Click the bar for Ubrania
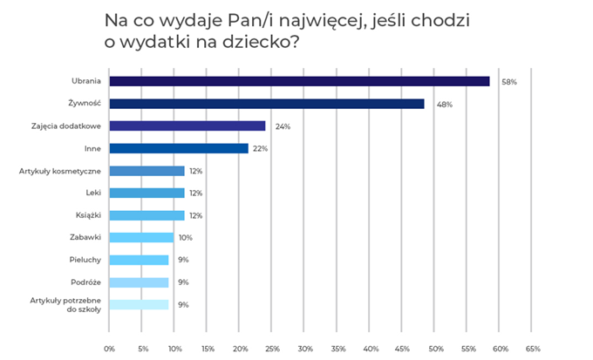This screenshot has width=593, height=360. point(298,81)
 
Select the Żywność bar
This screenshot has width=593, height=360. point(266,104)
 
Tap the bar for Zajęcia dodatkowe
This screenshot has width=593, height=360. point(187,126)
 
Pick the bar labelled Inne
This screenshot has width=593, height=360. point(178,148)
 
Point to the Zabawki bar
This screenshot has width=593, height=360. point(140,237)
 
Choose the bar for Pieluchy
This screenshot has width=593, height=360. point(138,260)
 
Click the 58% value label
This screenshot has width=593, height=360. point(509,82)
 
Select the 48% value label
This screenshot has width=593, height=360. point(445,105)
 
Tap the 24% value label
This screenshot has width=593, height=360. point(282,126)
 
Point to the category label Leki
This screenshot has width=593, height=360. point(92,193)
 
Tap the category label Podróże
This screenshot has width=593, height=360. point(85,282)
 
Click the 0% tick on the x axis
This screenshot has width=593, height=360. point(109,349)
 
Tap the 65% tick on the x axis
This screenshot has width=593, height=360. point(534,349)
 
